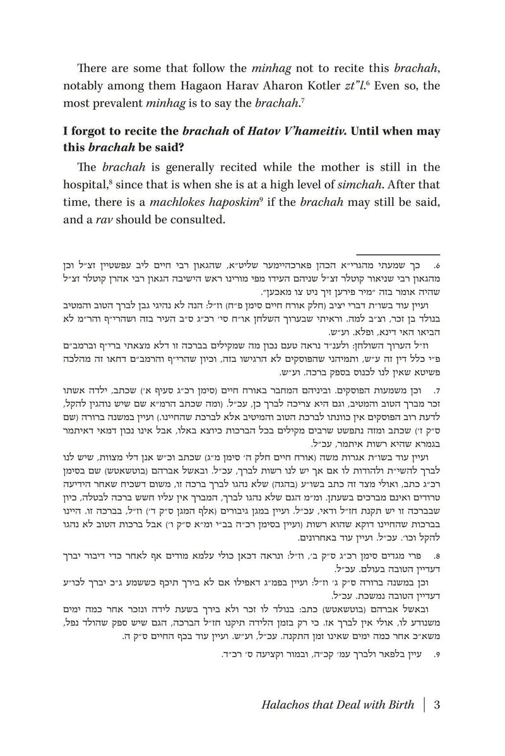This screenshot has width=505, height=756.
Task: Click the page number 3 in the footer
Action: click(437, 704)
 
